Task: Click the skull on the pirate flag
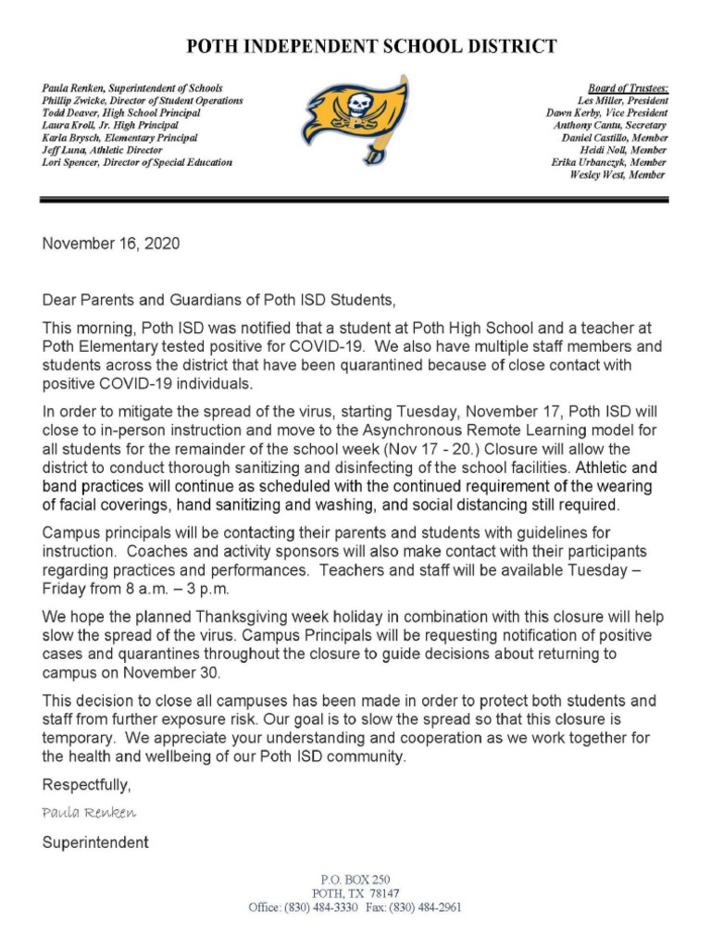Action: tap(354, 104)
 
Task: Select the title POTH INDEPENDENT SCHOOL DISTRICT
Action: tap(372, 45)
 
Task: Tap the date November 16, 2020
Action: tap(111, 244)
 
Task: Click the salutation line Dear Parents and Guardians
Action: tap(218, 300)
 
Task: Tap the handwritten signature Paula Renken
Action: tap(89, 813)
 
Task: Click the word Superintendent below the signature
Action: tap(95, 843)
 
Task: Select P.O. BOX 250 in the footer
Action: tap(355, 879)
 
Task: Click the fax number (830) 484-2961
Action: tap(427, 907)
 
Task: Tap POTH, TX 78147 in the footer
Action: tap(355, 893)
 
